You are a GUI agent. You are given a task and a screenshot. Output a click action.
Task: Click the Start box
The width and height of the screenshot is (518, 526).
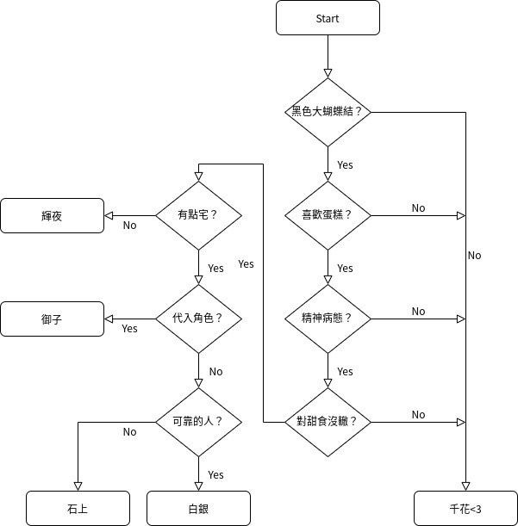coord(328,18)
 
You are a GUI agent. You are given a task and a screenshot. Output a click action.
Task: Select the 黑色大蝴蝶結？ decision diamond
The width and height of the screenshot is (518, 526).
coord(328,112)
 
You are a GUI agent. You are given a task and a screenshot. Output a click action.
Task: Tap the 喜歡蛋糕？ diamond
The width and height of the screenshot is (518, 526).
coord(328,215)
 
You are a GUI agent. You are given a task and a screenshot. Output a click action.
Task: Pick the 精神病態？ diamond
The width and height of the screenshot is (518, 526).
coord(328,319)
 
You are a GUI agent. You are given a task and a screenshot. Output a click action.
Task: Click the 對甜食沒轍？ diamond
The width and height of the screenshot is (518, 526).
coord(328,422)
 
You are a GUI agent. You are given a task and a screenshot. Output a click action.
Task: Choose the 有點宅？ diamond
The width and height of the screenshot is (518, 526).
coord(198,215)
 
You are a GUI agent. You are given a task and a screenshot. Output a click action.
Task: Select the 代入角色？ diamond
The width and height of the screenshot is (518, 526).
coord(198,319)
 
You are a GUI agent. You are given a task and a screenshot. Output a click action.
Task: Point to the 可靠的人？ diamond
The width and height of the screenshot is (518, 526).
coord(198,422)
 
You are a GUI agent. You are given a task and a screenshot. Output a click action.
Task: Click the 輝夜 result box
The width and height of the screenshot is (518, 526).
coord(52,215)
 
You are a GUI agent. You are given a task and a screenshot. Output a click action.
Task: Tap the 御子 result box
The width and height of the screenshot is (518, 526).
coord(52,319)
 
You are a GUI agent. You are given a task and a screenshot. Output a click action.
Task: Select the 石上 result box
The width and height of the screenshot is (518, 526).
coord(78,508)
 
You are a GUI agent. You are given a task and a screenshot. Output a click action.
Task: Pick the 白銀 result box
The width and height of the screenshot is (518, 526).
coord(198,508)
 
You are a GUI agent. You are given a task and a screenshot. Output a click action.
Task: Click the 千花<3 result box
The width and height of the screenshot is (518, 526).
coord(465,508)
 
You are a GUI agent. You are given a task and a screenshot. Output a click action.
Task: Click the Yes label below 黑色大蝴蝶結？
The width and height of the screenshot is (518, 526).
coord(345,164)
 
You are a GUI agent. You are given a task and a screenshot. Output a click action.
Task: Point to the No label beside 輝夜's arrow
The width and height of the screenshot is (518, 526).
coord(129,226)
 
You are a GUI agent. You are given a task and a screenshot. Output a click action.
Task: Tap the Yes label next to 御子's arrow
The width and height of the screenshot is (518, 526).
coord(129,329)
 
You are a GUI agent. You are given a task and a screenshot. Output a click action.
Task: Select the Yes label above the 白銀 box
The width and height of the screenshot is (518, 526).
coord(215,475)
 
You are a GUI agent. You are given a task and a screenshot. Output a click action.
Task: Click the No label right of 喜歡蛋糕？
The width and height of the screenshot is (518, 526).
coord(418,208)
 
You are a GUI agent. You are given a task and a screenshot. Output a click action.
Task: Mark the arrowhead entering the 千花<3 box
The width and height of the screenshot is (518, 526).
coord(465,486)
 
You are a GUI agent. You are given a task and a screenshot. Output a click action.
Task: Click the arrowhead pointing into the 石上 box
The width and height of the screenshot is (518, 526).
coord(78,486)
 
